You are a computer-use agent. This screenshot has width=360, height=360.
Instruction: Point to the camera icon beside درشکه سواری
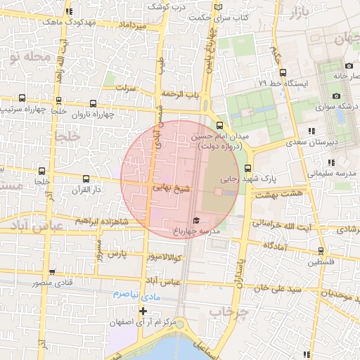point(336,96)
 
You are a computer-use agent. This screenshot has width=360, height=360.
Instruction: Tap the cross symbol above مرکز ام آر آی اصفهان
point(143,311)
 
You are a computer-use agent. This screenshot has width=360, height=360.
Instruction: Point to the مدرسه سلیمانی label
point(333,173)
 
